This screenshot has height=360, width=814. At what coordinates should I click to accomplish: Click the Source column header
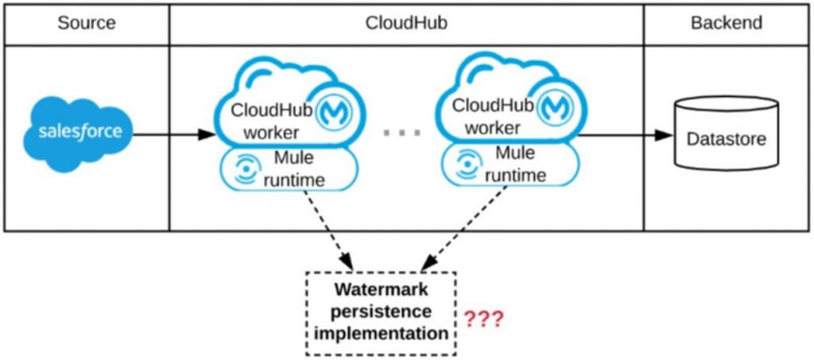click(x=86, y=23)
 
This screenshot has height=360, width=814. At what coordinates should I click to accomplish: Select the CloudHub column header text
click(x=406, y=23)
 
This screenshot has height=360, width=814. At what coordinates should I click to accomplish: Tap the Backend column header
click(x=727, y=23)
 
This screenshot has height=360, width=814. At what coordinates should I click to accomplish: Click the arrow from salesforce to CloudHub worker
click(x=173, y=135)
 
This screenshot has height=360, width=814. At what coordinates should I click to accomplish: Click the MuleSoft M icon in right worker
click(x=556, y=107)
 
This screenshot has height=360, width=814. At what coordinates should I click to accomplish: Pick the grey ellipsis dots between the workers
click(x=401, y=134)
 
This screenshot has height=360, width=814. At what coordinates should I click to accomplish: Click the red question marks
click(x=483, y=319)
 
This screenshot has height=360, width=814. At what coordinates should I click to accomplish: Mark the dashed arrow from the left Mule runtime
click(x=328, y=230)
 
